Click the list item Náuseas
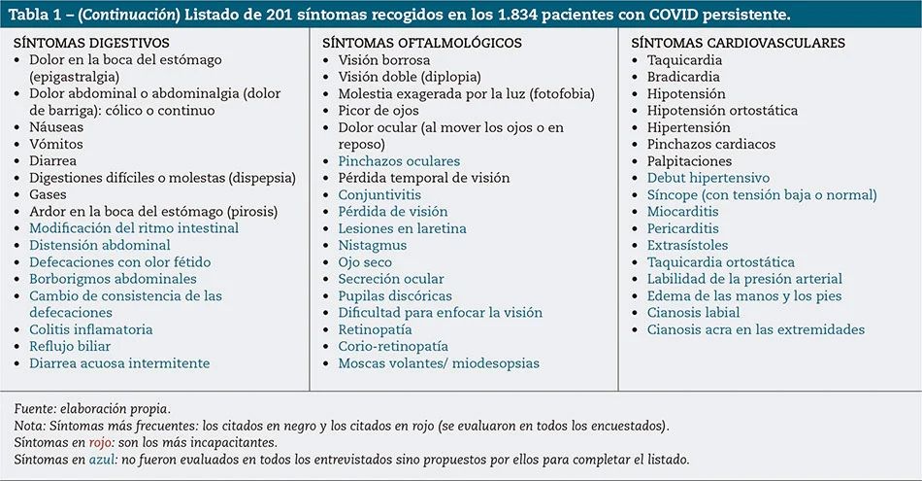tap(56, 127)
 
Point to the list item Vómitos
tap(56, 144)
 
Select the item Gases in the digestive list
tap(49, 194)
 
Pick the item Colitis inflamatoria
tap(90, 329)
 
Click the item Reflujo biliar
tap(70, 346)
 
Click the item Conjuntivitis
tap(380, 194)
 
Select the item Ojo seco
tap(365, 262)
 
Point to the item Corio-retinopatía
tap(393, 346)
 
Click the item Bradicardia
tap(684, 77)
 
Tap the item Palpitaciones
tap(689, 161)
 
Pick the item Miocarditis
tap(683, 212)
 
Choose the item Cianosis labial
tap(693, 313)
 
